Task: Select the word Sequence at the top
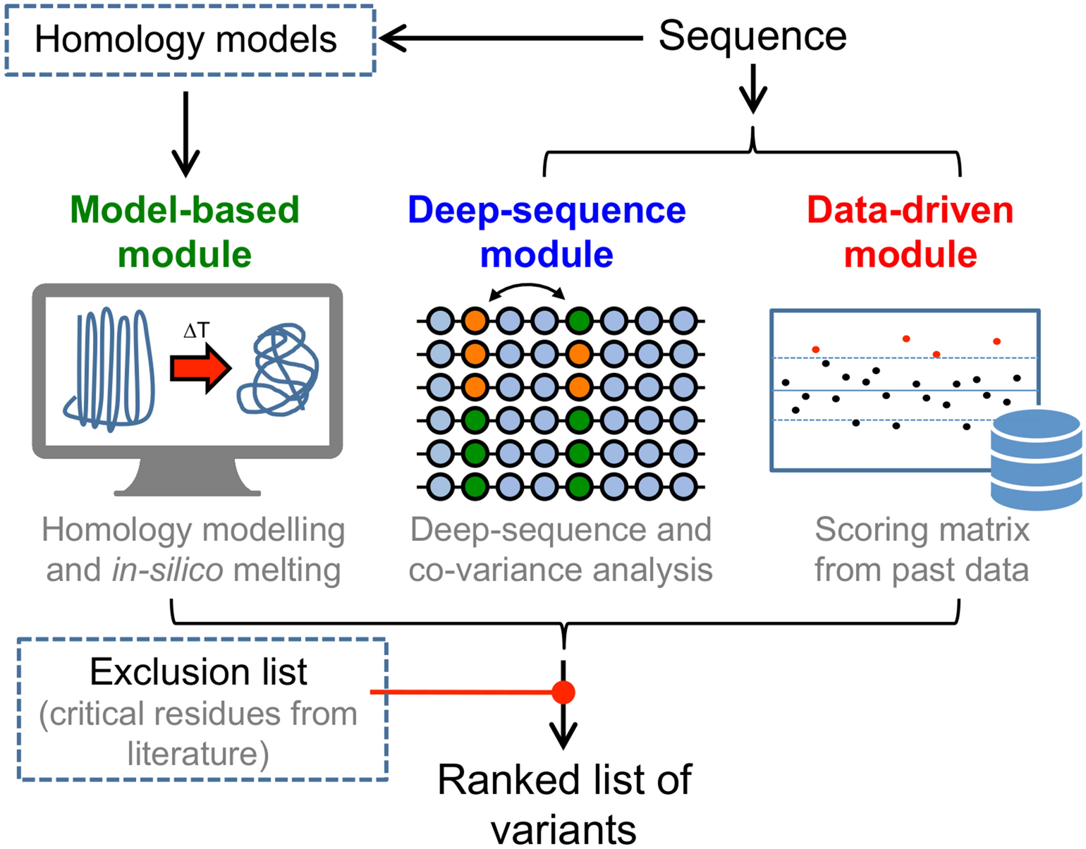[x=752, y=36]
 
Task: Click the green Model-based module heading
[x=185, y=232]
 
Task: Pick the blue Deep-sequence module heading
[x=547, y=232]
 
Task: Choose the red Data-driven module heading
[x=910, y=232]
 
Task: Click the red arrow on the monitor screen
[x=200, y=368]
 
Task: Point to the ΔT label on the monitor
[x=196, y=331]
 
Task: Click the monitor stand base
[x=187, y=488]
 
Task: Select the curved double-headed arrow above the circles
[x=527, y=289]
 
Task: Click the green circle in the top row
[x=579, y=322]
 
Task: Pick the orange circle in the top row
[x=475, y=322]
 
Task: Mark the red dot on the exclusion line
[x=563, y=692]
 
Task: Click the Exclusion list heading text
[x=198, y=672]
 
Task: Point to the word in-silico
[x=167, y=570]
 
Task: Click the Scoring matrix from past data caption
[x=922, y=550]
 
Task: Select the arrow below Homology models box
[x=185, y=134]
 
